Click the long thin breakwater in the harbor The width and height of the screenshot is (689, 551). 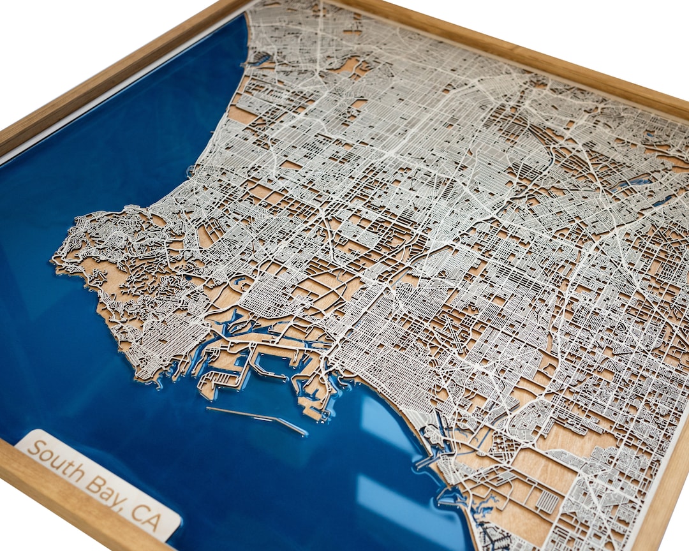(255, 418)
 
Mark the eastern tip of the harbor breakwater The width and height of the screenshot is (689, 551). (305, 434)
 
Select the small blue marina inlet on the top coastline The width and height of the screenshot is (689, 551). (260, 59)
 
